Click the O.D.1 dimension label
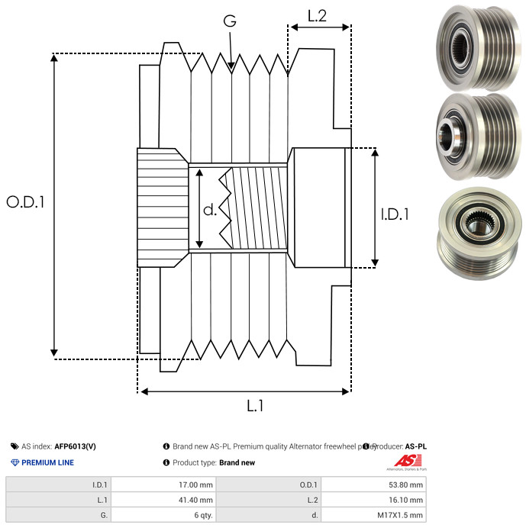[x=26, y=203]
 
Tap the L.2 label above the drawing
[x=318, y=15]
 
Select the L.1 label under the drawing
[x=255, y=407]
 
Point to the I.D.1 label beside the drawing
[x=395, y=215]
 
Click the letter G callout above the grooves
[x=229, y=21]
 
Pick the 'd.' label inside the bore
[x=210, y=209]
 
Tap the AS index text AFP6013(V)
[x=75, y=446]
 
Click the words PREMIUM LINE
[x=47, y=462]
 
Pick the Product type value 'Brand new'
[x=237, y=462]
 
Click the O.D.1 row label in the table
[x=309, y=484]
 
